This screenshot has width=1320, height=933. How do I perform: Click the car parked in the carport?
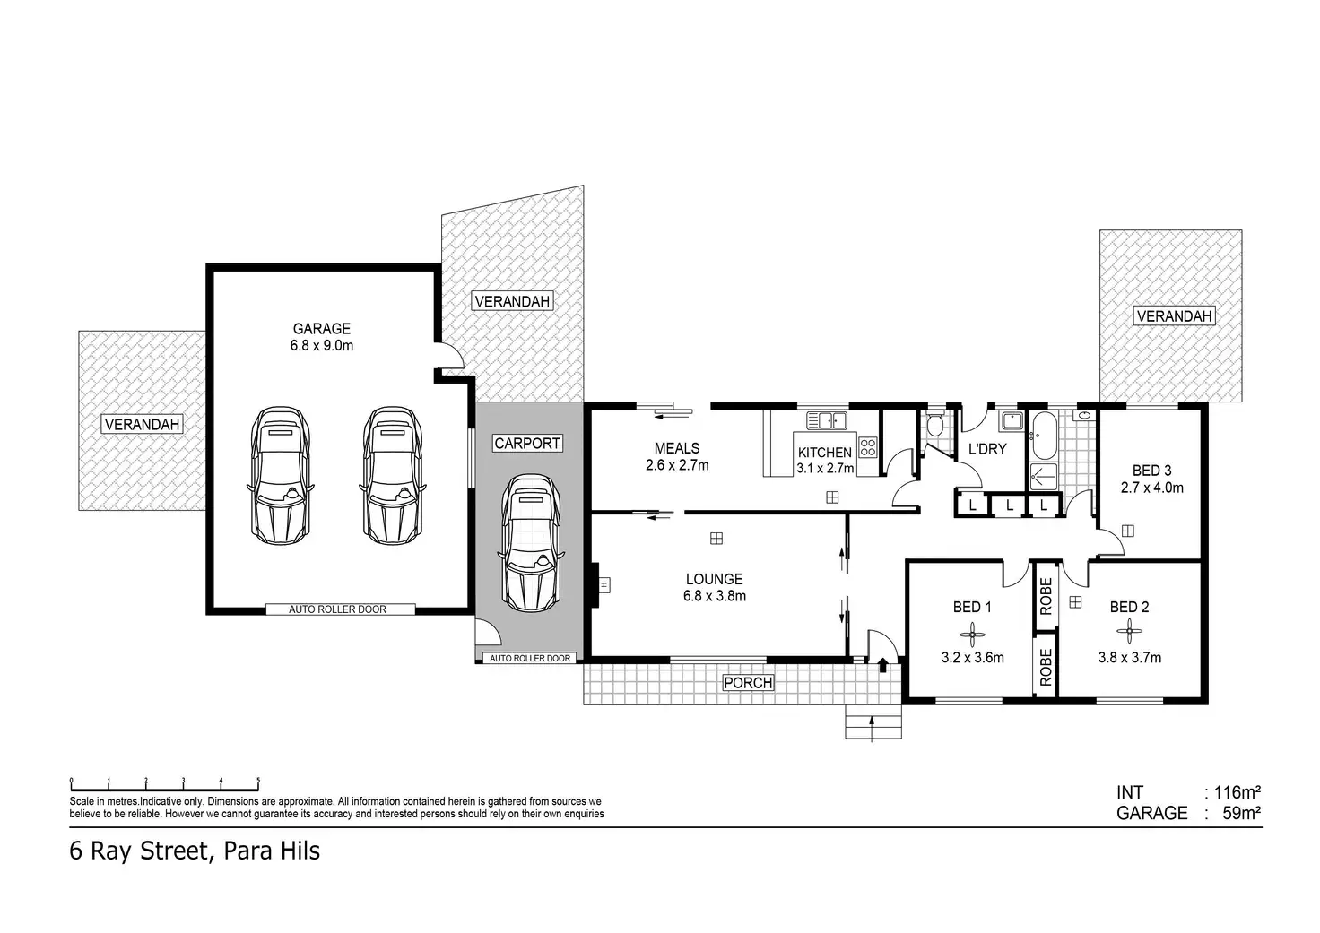click(x=531, y=543)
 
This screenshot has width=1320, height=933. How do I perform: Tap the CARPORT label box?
click(x=527, y=443)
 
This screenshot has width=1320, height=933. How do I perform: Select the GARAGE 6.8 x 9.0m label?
click(x=322, y=337)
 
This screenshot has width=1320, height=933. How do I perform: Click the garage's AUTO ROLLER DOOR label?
click(x=338, y=609)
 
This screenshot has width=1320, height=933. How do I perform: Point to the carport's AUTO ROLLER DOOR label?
click(x=530, y=658)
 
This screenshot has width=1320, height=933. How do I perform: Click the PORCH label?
click(x=748, y=683)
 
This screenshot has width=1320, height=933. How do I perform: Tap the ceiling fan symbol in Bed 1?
click(x=972, y=635)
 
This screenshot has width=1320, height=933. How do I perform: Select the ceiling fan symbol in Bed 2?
click(x=1129, y=632)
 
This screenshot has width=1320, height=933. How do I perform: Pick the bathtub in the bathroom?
click(x=1044, y=436)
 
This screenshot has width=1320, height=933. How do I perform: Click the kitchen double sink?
click(x=827, y=420)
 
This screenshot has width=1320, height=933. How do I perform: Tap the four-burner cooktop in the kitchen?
click(x=867, y=447)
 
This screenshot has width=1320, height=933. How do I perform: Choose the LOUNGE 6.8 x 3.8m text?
click(x=714, y=587)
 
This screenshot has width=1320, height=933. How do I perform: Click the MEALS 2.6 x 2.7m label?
click(x=677, y=456)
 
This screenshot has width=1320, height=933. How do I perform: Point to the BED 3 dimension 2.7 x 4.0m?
click(x=1152, y=488)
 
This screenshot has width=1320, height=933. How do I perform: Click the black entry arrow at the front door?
click(x=882, y=665)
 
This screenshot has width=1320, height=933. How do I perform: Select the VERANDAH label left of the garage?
click(x=142, y=424)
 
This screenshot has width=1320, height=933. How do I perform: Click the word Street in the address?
click(x=174, y=851)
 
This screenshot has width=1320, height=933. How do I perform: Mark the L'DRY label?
click(x=987, y=449)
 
